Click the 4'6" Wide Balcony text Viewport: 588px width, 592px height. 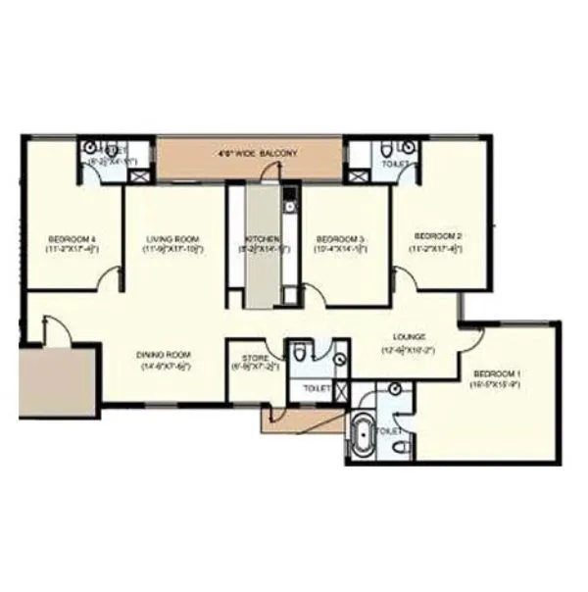click(x=257, y=154)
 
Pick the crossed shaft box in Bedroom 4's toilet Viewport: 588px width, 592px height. click(x=139, y=176)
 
